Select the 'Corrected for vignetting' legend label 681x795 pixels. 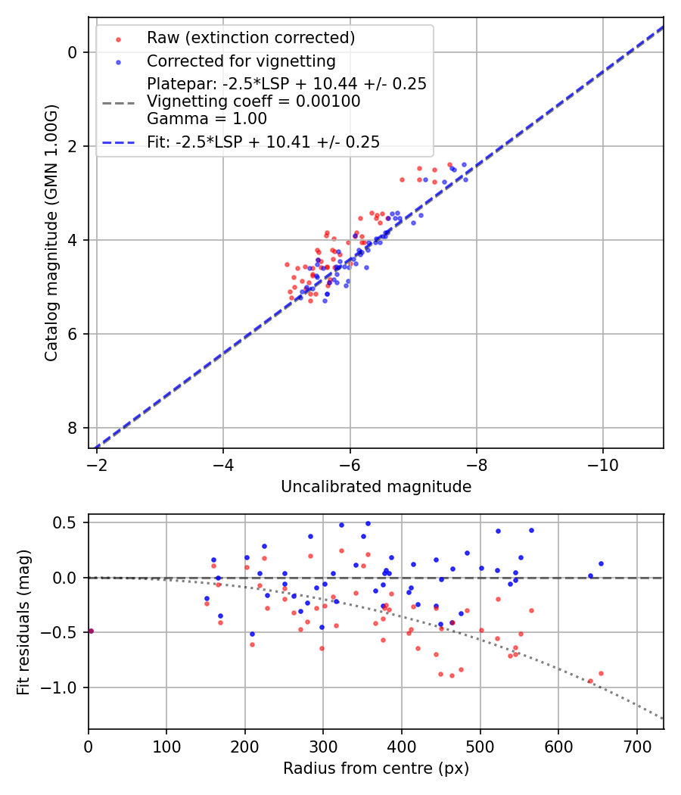click(x=241, y=61)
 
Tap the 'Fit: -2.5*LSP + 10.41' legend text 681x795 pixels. click(x=263, y=142)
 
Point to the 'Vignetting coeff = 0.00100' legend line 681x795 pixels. click(x=253, y=101)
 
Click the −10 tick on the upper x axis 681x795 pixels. click(x=602, y=463)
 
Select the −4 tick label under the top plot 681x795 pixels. click(x=222, y=463)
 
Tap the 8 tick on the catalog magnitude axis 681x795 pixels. click(x=73, y=429)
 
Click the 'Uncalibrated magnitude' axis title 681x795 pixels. click(x=376, y=487)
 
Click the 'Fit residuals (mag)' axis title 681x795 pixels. click(x=23, y=622)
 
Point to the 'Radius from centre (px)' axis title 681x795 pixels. click(x=376, y=768)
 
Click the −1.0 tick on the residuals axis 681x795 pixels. click(x=64, y=687)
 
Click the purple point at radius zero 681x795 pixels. click(x=91, y=631)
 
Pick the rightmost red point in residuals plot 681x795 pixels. click(x=601, y=673)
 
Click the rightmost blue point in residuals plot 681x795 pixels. click(x=601, y=563)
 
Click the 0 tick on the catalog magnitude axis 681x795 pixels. click(x=73, y=52)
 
